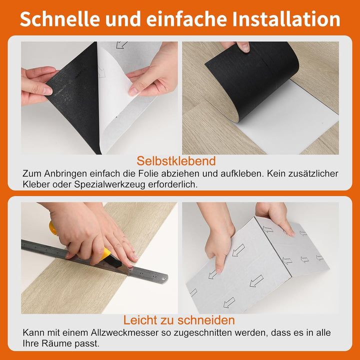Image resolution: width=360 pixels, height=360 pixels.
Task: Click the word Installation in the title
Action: [286, 19]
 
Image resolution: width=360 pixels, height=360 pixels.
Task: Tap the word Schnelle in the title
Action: [60, 19]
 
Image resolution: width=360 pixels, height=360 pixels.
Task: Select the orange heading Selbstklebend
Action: [176, 161]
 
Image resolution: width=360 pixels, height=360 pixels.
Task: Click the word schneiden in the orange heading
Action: [206, 320]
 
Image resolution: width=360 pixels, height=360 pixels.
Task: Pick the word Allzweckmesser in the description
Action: [124, 332]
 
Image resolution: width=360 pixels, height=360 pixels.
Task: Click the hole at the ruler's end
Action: [163, 278]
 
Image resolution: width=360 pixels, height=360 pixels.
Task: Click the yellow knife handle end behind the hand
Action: [53, 228]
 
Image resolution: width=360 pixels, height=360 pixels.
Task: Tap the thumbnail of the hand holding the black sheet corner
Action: [47, 91]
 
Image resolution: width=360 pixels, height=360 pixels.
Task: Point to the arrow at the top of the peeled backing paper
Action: [121, 44]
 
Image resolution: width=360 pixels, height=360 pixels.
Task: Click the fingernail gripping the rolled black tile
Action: [245, 47]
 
